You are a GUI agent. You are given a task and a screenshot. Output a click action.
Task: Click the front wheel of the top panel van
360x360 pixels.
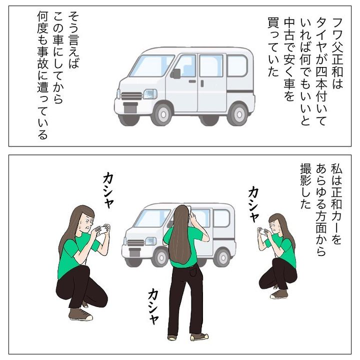(163, 114)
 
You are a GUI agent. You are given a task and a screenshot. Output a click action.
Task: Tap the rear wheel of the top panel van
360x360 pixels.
(239, 114)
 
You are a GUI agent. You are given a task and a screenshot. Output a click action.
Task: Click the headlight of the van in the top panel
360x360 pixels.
(150, 94)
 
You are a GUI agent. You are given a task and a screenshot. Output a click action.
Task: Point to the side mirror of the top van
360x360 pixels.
(175, 73)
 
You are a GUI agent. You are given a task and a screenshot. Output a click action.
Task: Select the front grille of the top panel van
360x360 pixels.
(131, 95)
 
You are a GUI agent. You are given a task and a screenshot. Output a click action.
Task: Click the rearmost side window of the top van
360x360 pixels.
(237, 65)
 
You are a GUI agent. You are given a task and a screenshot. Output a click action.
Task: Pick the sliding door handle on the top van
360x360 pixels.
(202, 83)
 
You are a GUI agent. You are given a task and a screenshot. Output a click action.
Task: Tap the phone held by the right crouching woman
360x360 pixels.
(262, 230)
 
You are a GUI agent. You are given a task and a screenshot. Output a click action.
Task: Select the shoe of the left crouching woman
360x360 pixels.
(81, 314)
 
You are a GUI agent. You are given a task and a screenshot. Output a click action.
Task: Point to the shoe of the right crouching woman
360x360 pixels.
(279, 294)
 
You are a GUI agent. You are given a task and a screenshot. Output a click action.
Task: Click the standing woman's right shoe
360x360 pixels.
(199, 336)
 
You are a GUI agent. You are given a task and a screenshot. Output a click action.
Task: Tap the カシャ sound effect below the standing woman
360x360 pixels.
(153, 307)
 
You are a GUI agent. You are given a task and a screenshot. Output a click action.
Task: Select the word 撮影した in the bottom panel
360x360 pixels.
(305, 186)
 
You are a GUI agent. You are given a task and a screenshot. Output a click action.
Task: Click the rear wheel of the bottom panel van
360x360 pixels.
(222, 258)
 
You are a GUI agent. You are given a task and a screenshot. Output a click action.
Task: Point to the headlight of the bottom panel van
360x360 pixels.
(151, 241)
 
